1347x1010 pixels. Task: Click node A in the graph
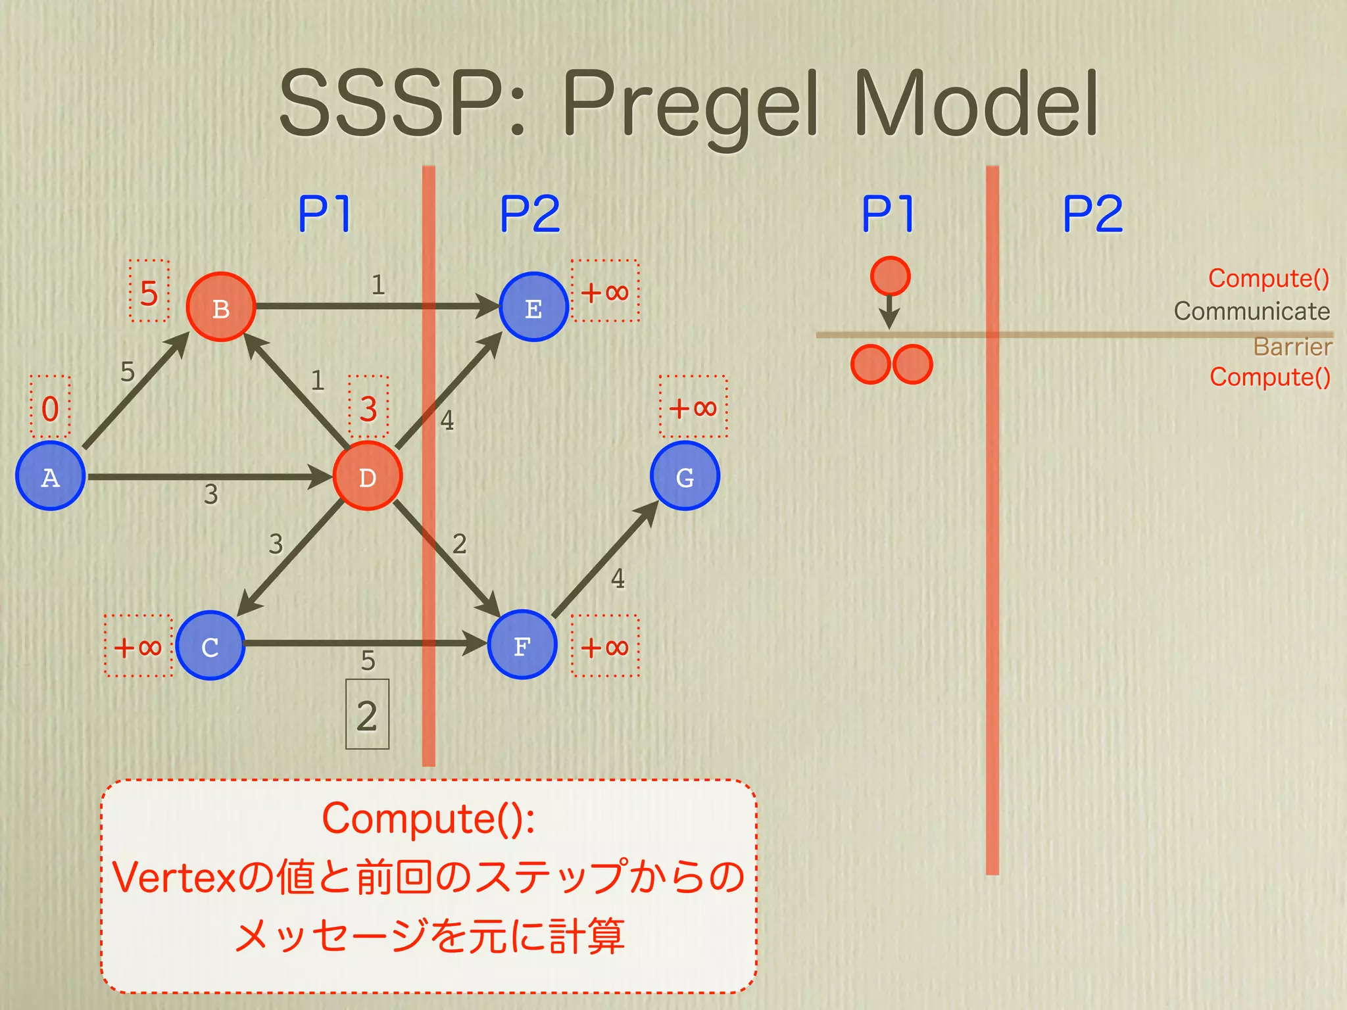click(50, 476)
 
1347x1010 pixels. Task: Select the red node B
click(221, 307)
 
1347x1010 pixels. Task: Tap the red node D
click(368, 476)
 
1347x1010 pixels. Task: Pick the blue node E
click(533, 307)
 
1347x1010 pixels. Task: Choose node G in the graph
click(685, 476)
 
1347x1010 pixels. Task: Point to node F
click(522, 645)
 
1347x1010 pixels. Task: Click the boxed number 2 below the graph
click(367, 715)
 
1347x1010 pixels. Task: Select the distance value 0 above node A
click(50, 408)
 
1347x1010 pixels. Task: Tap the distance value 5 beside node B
click(149, 293)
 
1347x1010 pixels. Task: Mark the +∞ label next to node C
click(138, 647)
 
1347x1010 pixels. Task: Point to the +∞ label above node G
click(693, 408)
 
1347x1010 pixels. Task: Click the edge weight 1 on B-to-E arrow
click(378, 285)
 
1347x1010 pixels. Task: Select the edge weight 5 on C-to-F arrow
click(368, 660)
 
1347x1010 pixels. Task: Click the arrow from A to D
click(210, 477)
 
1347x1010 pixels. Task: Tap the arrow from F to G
click(605, 559)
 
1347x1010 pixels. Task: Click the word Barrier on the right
click(1292, 347)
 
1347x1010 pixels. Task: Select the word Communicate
click(1252, 311)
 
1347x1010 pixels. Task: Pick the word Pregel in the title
click(691, 105)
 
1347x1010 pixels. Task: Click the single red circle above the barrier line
click(890, 276)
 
